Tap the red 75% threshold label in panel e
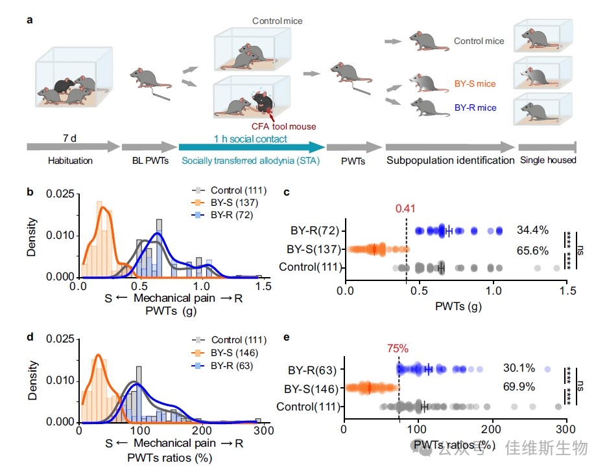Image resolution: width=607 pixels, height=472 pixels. [398, 348]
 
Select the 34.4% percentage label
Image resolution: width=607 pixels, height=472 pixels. [532, 230]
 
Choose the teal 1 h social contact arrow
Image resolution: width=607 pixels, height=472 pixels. [250, 146]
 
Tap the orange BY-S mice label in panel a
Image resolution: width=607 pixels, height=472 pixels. [475, 84]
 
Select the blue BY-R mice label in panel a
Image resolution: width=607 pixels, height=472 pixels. [475, 107]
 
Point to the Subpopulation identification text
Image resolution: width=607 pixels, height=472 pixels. [450, 160]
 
